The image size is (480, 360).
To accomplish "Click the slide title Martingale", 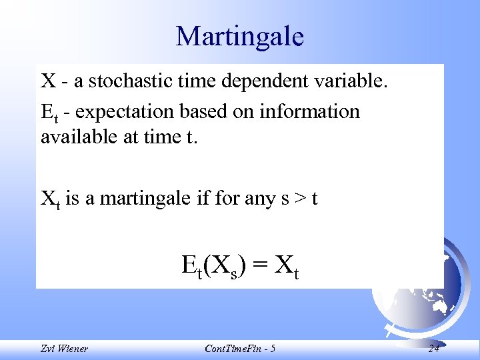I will [239, 36].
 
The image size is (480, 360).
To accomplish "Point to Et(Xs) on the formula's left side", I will [213, 266].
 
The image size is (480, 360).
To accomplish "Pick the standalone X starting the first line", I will [48, 81].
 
